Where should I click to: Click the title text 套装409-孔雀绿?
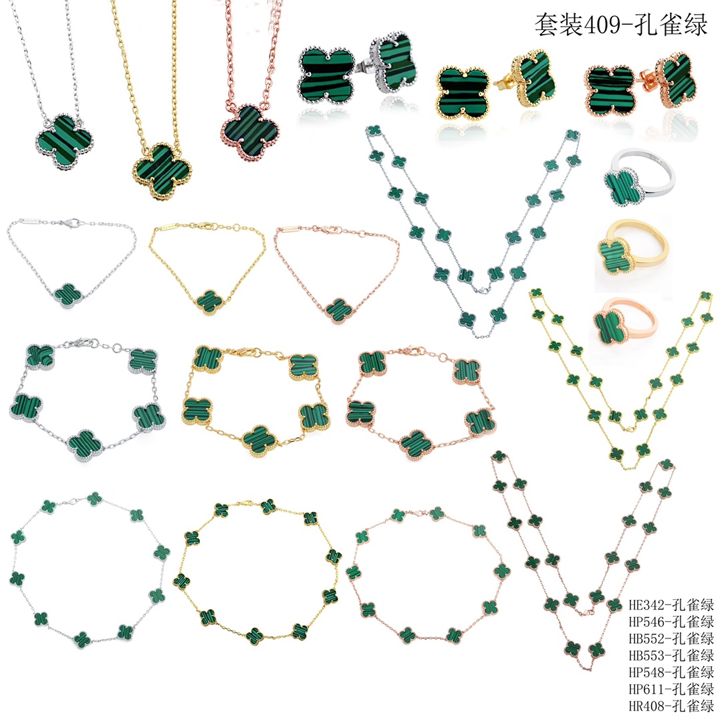tap(620, 24)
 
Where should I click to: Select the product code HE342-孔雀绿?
tap(671, 604)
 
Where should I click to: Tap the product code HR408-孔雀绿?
tap(671, 706)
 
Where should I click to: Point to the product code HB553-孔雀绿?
tap(671, 655)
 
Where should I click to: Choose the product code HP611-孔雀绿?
tap(671, 689)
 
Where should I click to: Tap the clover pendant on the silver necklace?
tap(65, 140)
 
